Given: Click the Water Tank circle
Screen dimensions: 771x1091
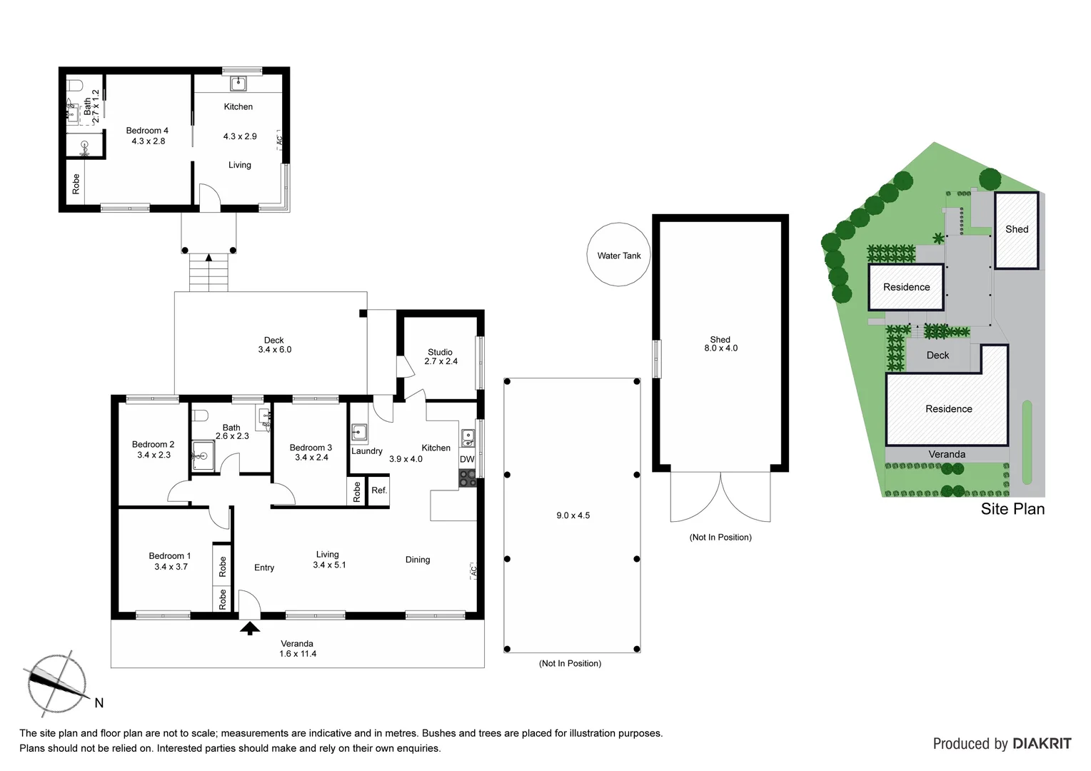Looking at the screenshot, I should (618, 255).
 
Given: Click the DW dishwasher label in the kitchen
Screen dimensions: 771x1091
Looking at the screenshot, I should (467, 459).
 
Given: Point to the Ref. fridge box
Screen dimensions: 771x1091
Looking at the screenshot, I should (378, 490).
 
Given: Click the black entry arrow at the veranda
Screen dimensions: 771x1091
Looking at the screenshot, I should (249, 628).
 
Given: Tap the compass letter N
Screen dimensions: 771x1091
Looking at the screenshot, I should (99, 703).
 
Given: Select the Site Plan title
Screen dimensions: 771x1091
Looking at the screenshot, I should (1012, 509).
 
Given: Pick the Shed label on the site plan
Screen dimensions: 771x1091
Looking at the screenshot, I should (1016, 229).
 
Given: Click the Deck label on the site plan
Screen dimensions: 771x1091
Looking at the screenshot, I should (937, 355).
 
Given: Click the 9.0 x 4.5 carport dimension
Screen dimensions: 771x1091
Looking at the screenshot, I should (573, 515).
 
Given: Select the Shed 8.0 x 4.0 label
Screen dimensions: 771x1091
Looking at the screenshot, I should (720, 344).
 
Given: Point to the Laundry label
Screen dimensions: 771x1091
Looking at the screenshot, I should (367, 451).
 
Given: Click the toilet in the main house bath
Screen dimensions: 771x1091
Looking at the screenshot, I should (201, 415).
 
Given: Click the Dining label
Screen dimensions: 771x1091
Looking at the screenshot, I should (418, 560).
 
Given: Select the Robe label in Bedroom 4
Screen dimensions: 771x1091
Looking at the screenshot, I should (76, 184).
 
